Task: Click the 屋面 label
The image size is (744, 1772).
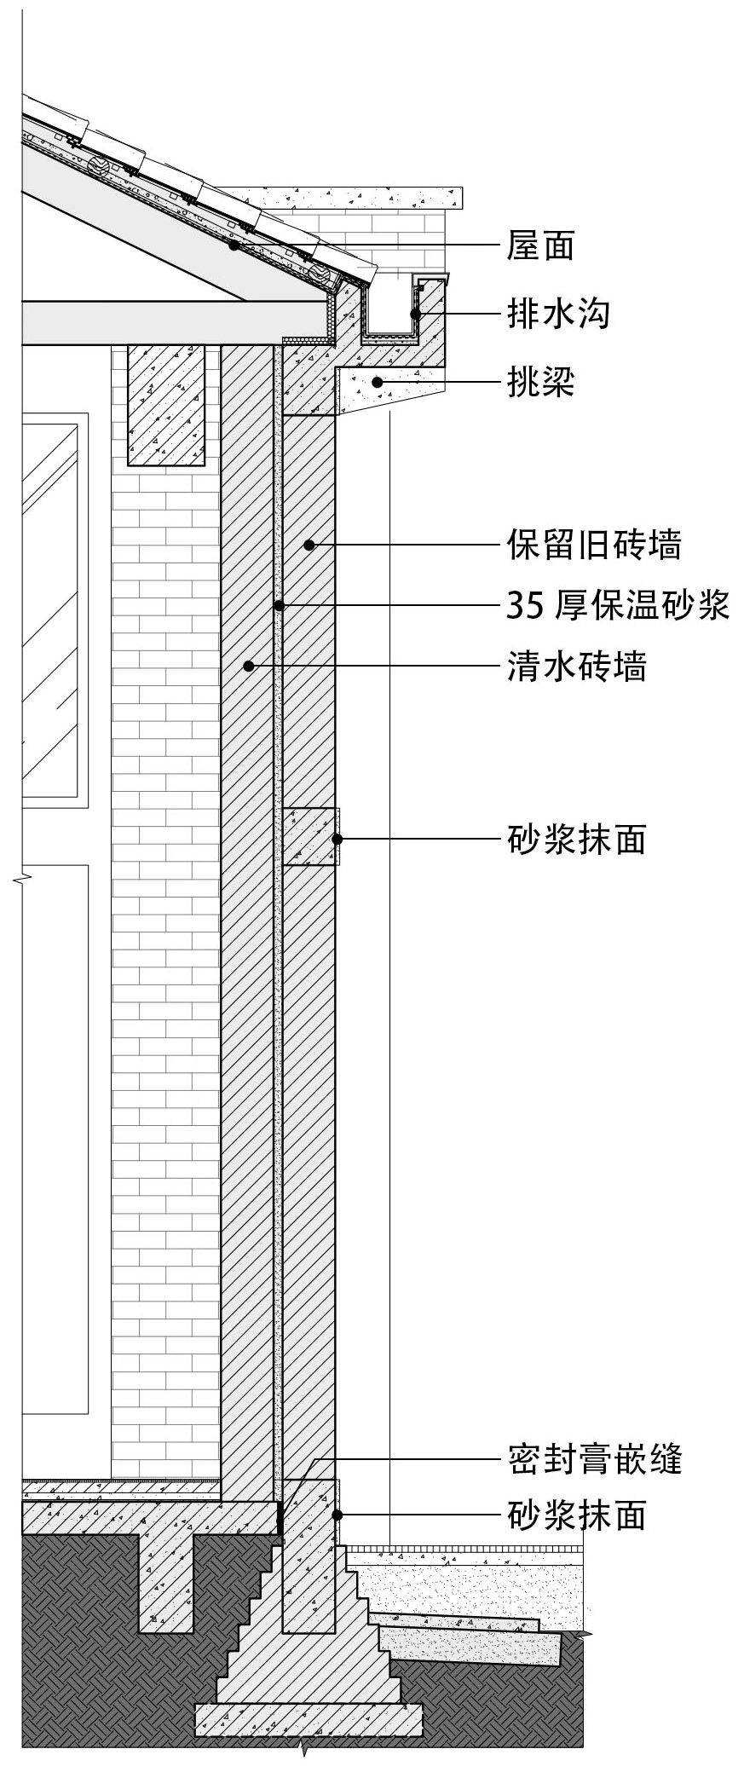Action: (540, 246)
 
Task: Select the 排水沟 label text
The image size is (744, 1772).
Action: (558, 315)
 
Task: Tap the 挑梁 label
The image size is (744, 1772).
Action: (540, 383)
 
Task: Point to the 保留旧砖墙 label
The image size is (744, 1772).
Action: (594, 544)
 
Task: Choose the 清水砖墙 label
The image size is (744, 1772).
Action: (576, 666)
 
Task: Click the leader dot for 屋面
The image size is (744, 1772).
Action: (233, 245)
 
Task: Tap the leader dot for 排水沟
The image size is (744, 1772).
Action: (414, 315)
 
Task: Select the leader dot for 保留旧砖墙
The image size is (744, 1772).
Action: (312, 544)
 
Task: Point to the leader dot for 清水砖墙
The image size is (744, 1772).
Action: (248, 666)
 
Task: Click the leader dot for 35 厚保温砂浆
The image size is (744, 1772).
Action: (279, 606)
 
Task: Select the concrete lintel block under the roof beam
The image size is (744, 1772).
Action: (166, 405)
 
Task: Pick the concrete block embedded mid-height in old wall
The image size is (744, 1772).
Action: (309, 837)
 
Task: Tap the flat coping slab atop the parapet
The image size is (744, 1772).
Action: (362, 198)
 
